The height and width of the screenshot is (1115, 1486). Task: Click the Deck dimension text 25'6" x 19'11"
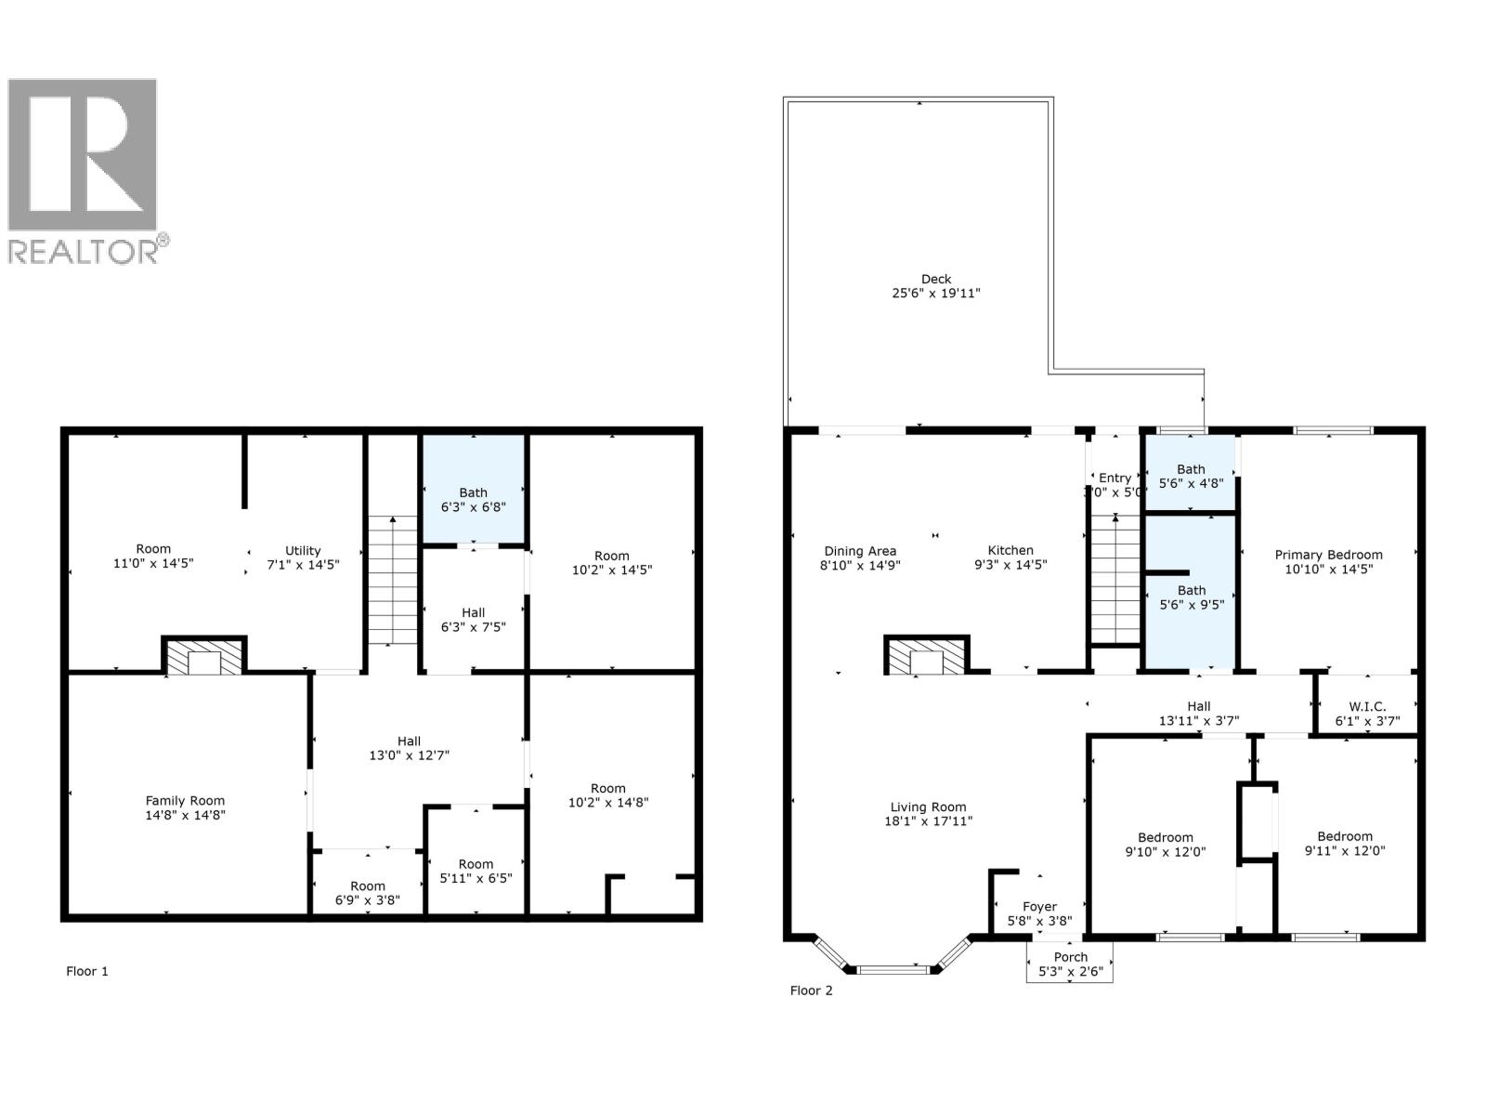click(936, 294)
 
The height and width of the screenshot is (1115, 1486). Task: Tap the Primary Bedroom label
click(1328, 555)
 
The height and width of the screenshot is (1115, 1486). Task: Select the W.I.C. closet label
click(1367, 707)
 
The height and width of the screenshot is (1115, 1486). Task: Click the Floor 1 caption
click(87, 971)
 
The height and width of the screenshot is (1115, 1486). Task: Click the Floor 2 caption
click(812, 990)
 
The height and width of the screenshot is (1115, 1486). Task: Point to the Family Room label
click(185, 801)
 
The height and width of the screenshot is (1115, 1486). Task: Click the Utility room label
click(303, 550)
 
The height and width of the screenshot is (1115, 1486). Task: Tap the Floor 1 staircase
click(392, 581)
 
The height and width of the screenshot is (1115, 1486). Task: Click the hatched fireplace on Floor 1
click(204, 656)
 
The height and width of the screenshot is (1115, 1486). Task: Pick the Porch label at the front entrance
click(1070, 957)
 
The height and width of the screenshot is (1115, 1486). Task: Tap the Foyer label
click(1039, 907)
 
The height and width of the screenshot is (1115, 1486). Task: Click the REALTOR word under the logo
click(83, 252)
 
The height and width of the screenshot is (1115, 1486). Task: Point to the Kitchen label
click(1010, 550)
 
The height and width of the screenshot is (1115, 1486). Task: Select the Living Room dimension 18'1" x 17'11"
click(929, 821)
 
